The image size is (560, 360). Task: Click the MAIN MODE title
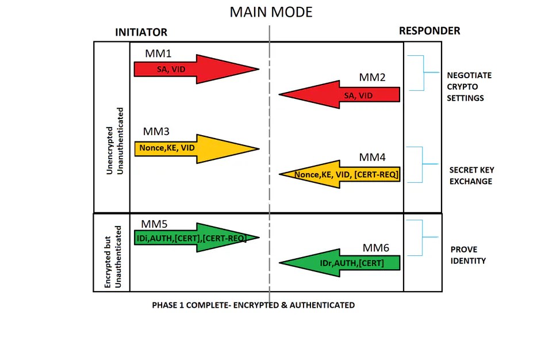click(271, 12)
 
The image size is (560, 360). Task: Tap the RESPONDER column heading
click(429, 31)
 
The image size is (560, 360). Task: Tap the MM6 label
click(376, 248)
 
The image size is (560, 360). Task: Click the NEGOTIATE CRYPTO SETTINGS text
click(469, 87)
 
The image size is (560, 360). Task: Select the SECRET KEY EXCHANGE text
click(471, 175)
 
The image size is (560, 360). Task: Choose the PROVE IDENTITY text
click(468, 255)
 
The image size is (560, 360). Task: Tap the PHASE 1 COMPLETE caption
click(253, 305)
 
